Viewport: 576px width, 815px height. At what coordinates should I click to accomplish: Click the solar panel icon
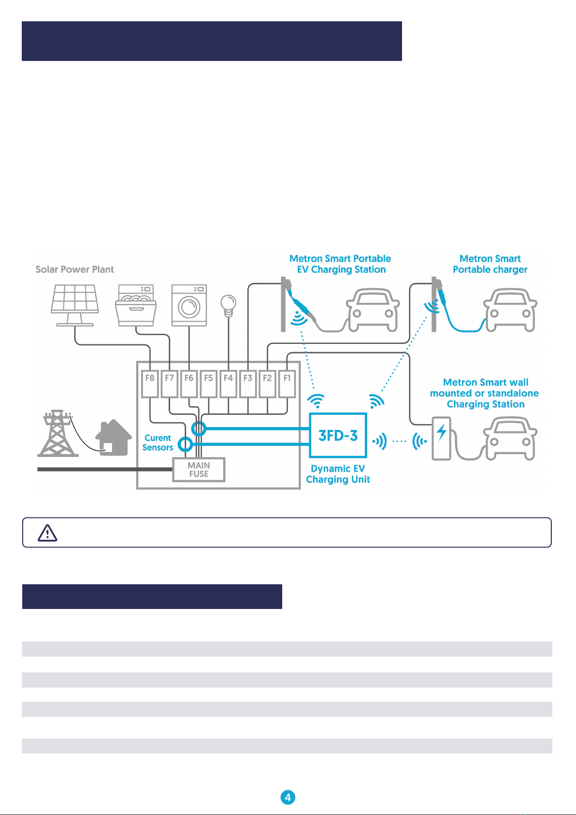[75, 305]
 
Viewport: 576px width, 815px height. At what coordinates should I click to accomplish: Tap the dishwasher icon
[136, 305]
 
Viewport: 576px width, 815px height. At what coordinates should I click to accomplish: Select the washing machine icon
[189, 305]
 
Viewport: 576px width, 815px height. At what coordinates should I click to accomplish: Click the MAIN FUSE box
[199, 469]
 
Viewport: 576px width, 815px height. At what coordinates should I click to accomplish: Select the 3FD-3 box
[338, 435]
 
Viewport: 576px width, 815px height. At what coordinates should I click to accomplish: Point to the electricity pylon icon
[58, 433]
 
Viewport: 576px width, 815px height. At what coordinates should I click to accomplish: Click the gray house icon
[114, 437]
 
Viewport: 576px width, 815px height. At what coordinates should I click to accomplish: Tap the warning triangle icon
[47, 533]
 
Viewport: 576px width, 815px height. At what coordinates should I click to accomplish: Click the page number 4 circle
[288, 797]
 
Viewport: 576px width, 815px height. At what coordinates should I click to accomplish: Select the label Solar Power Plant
[74, 269]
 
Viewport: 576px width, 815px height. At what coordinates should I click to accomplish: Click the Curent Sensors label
[158, 443]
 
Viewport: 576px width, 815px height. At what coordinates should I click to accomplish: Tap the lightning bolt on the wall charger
[442, 432]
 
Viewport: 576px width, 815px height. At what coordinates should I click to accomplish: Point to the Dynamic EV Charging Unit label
[338, 474]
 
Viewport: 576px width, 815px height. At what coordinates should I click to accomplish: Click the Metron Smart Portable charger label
[490, 264]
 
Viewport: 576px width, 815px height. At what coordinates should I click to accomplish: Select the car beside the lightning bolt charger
[510, 438]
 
